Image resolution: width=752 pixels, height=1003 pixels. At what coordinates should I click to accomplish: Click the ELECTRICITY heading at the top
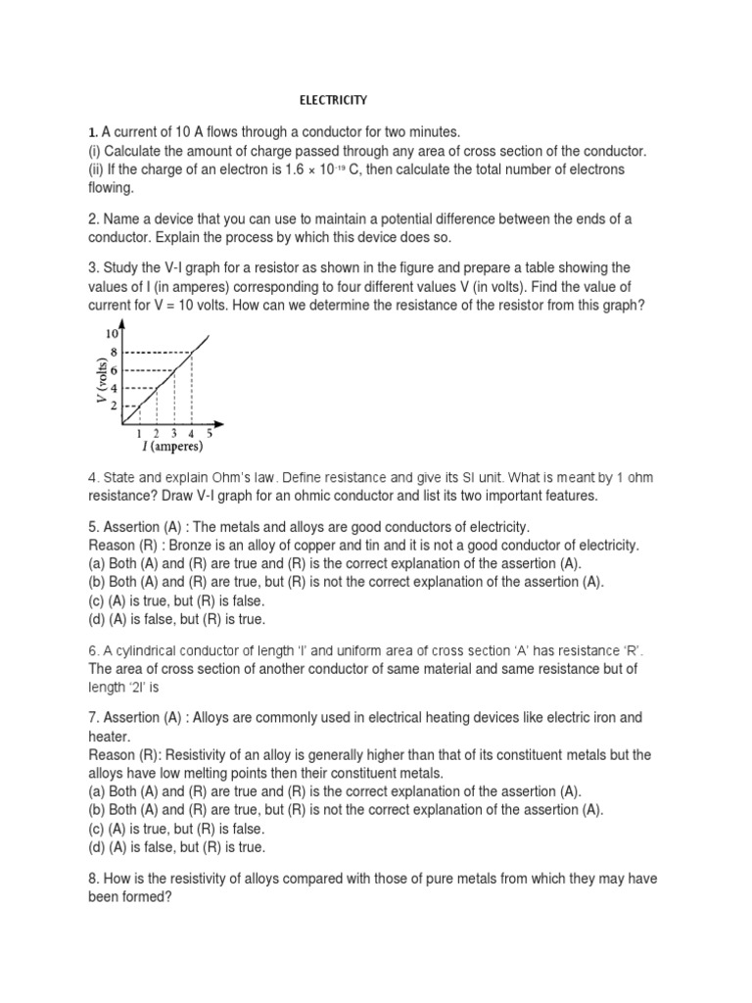coord(332,100)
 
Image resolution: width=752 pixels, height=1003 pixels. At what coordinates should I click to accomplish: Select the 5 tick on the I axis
coord(210,433)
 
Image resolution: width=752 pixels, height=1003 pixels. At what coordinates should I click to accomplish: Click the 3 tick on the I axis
coord(174,433)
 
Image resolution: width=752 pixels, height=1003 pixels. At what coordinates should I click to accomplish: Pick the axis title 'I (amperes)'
coord(164,448)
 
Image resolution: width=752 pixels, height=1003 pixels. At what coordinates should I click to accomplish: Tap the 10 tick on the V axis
coord(111,335)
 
